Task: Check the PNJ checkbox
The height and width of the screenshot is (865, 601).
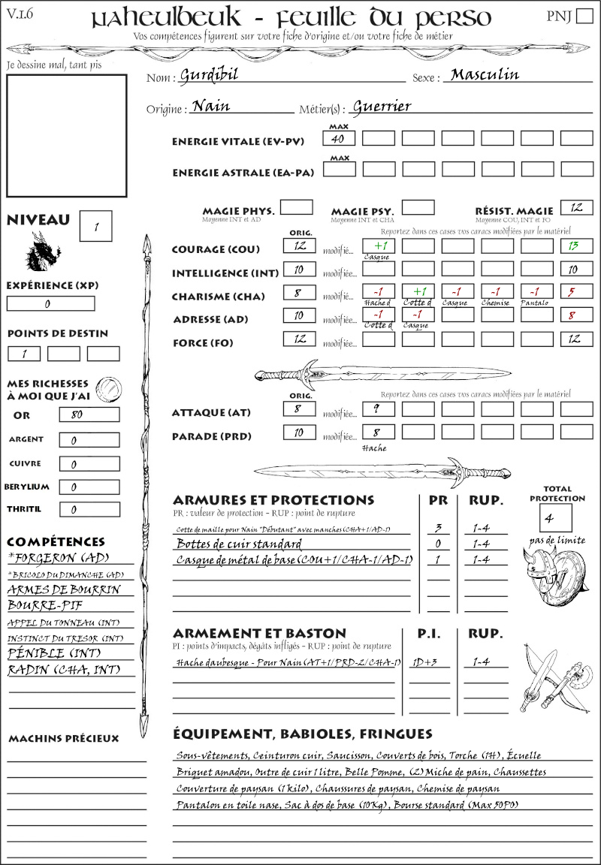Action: tap(583, 17)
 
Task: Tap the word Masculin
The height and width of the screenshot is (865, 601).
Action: tap(485, 74)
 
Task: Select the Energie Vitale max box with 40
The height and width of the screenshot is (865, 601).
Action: tap(339, 139)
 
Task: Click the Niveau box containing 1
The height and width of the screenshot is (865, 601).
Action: tap(97, 225)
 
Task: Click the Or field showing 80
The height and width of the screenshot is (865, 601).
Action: tap(89, 415)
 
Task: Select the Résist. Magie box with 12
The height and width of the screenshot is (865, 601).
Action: tap(576, 207)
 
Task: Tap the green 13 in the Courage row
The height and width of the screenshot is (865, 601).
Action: tap(576, 246)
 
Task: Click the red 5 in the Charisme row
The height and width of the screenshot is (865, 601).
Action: tap(576, 293)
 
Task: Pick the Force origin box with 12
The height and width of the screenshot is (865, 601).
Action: tap(300, 339)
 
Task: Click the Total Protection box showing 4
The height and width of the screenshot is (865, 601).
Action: tap(555, 518)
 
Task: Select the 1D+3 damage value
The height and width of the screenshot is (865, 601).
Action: tap(427, 663)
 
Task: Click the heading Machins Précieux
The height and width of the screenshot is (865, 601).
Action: tap(64, 739)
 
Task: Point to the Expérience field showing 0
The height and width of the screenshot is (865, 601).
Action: tap(50, 304)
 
